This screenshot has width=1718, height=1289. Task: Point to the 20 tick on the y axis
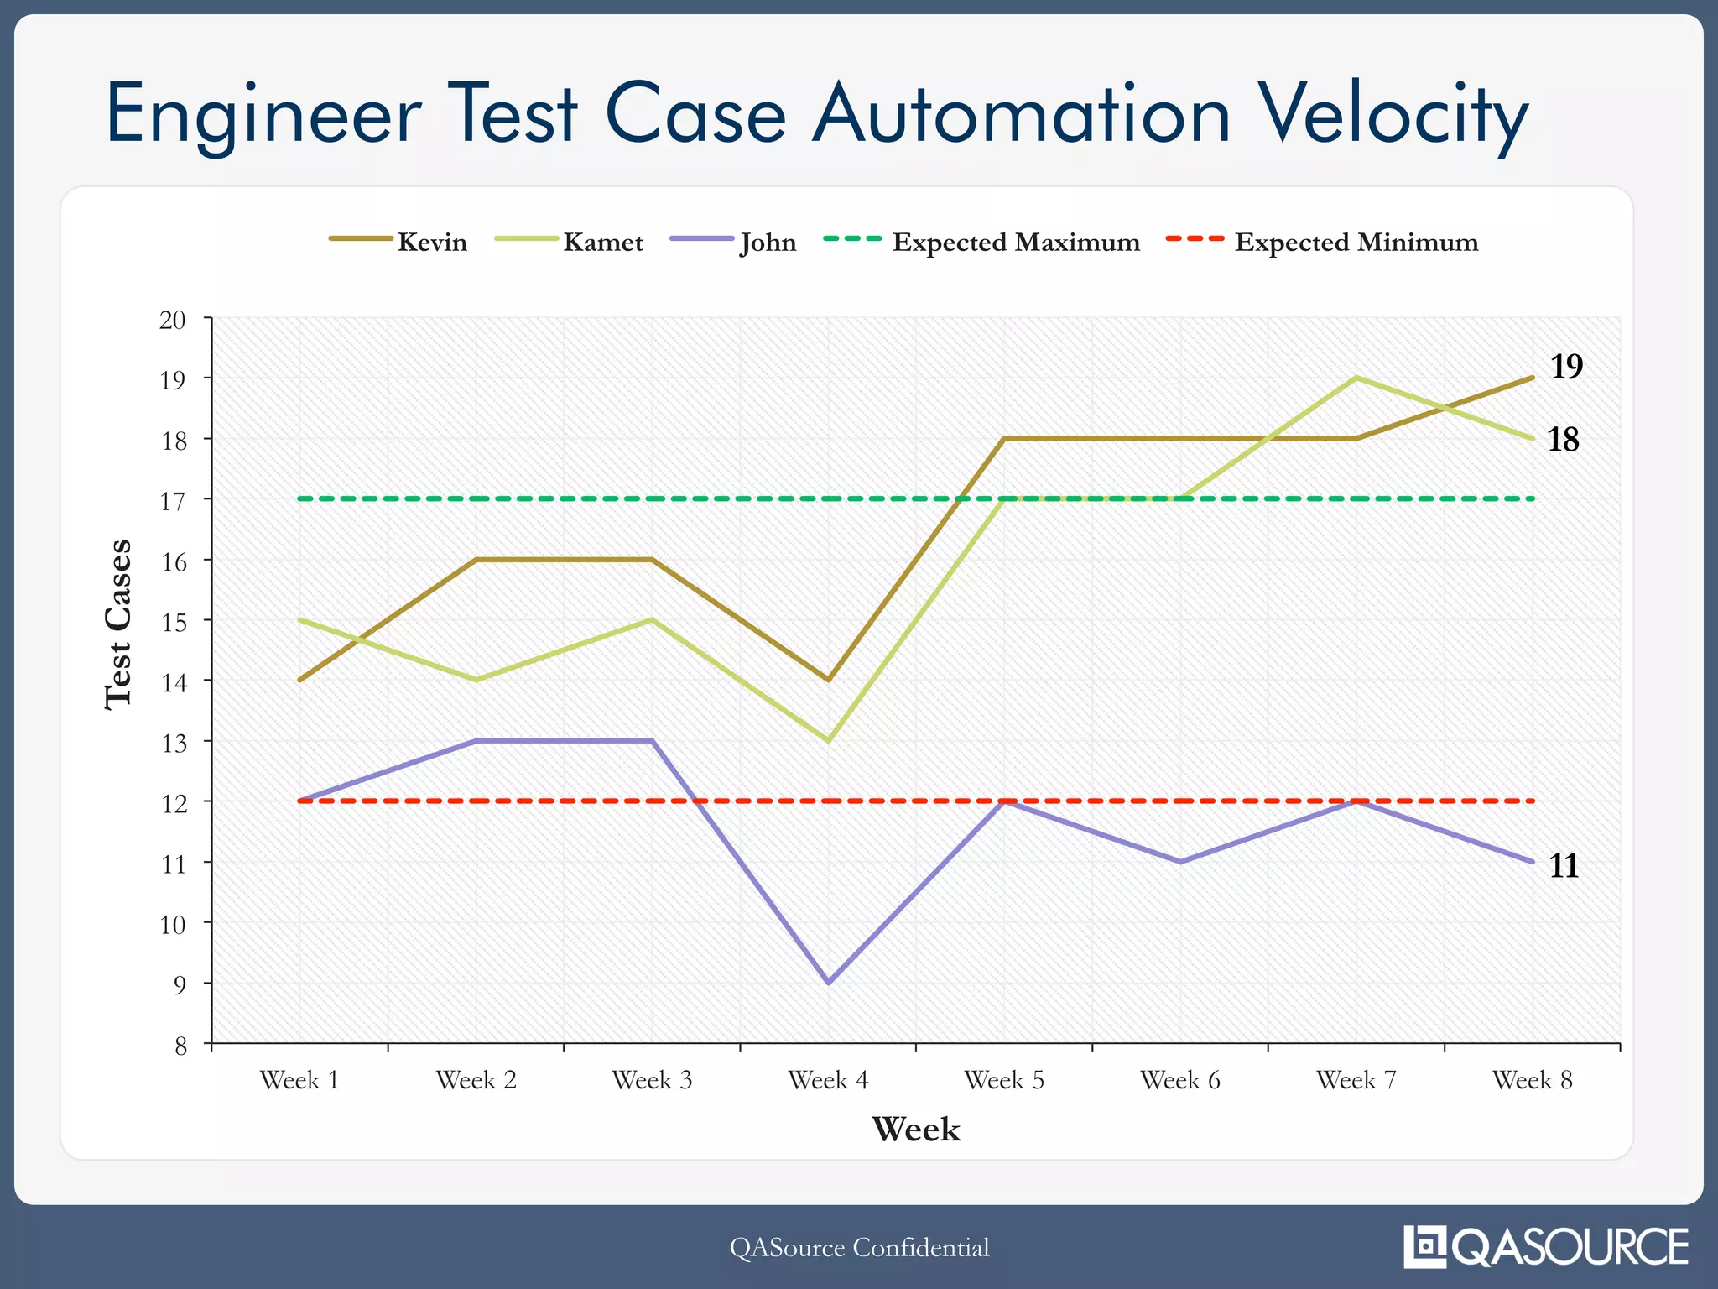click(173, 320)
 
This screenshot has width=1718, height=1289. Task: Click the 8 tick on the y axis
click(181, 1046)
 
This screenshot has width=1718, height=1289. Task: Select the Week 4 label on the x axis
click(828, 1080)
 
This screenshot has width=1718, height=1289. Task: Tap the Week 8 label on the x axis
click(1532, 1080)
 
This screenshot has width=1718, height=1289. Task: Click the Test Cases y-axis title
click(118, 624)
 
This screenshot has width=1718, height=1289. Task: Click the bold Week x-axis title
click(915, 1130)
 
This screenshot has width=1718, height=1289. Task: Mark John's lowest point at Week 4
click(828, 982)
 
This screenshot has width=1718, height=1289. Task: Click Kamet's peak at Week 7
click(1356, 378)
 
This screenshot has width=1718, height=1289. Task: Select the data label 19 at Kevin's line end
click(1565, 367)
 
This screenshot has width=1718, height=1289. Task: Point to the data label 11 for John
click(1564, 865)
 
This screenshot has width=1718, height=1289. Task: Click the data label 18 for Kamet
click(1563, 440)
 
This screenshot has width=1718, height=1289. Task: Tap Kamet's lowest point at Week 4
click(828, 741)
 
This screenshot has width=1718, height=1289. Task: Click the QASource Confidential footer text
click(859, 1247)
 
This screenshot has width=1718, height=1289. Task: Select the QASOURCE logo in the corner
click(1546, 1246)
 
